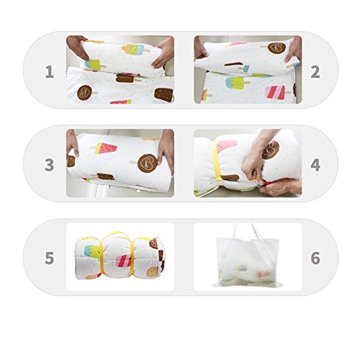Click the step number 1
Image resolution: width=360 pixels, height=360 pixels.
point(50,71)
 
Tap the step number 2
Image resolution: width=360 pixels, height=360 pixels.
point(315,71)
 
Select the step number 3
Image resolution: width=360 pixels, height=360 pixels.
point(50,165)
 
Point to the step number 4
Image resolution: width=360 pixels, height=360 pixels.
point(315,165)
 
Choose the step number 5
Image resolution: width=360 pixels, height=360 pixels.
point(50,258)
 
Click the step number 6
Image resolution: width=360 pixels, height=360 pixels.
point(315,258)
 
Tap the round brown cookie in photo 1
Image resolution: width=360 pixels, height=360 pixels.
point(84,92)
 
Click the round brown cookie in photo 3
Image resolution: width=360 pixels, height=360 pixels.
point(148,163)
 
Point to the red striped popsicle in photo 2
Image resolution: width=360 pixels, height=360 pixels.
point(275,92)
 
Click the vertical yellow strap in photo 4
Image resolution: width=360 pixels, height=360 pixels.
point(216,161)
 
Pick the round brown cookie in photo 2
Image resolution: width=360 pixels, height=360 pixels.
point(276,48)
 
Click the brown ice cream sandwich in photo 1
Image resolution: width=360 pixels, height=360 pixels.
point(163,95)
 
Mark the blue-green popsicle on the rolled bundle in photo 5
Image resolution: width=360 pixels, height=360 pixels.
point(92,251)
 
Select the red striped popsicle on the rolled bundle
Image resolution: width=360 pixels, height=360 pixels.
point(124,261)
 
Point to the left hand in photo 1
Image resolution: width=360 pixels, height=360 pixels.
point(77,47)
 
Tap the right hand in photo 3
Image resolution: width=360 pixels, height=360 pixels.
point(166,150)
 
